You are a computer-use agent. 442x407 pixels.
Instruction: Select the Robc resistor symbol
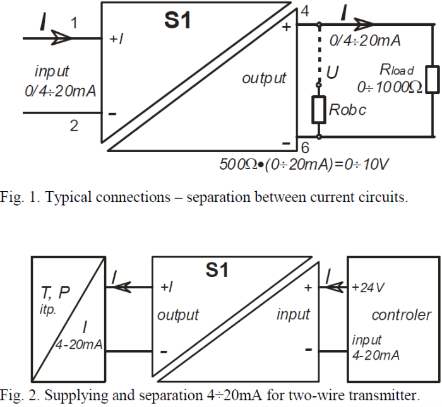coord(318,109)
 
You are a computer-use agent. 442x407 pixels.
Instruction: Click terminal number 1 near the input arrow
coord(74,23)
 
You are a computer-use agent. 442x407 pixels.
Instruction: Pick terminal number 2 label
coord(74,126)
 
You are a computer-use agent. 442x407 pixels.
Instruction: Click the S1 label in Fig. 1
coord(177,21)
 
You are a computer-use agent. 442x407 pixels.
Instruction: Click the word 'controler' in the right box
coord(402,315)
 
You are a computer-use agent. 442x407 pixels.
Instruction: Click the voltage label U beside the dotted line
coord(333,74)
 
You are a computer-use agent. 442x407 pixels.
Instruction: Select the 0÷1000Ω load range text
coord(390,87)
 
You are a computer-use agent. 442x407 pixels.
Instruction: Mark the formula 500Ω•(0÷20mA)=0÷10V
coord(303,165)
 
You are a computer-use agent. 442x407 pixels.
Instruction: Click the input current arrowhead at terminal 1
coord(63,38)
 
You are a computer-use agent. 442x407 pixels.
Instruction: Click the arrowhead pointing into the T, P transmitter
coord(114,288)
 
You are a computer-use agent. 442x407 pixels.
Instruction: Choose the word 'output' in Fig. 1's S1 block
coord(264,78)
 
